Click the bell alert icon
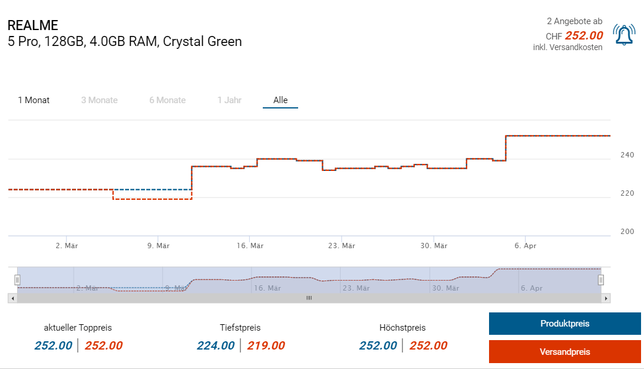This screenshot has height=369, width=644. pos(624,35)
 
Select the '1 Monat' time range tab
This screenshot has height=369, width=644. pos(34,100)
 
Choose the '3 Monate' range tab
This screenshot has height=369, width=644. pos(99,100)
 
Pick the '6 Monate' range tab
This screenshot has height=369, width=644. pos(167,100)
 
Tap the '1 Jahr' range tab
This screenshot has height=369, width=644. pos(229,100)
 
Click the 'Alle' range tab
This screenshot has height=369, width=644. pos(280,100)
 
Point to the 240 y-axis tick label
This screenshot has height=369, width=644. pos(627,155)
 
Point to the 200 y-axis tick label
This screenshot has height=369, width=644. pos(627,232)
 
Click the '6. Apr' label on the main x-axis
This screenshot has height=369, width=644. pos(525,246)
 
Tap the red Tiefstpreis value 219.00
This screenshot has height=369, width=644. pos(266,346)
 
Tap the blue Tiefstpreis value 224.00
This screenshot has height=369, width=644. pos(216,346)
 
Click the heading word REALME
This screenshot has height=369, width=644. pos(33,26)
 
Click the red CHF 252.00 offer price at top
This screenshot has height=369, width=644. pos(583,35)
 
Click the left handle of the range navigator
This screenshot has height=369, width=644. pos(17,279)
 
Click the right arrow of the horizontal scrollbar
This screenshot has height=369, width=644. pos(606,298)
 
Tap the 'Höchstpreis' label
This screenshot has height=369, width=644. pos(402,328)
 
